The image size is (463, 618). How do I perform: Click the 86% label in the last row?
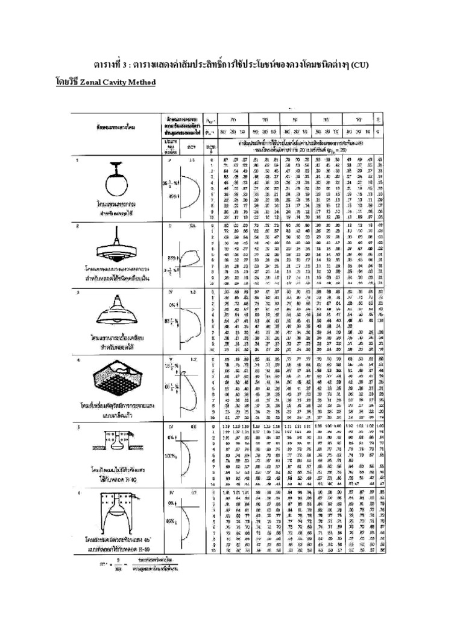[171, 519]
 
